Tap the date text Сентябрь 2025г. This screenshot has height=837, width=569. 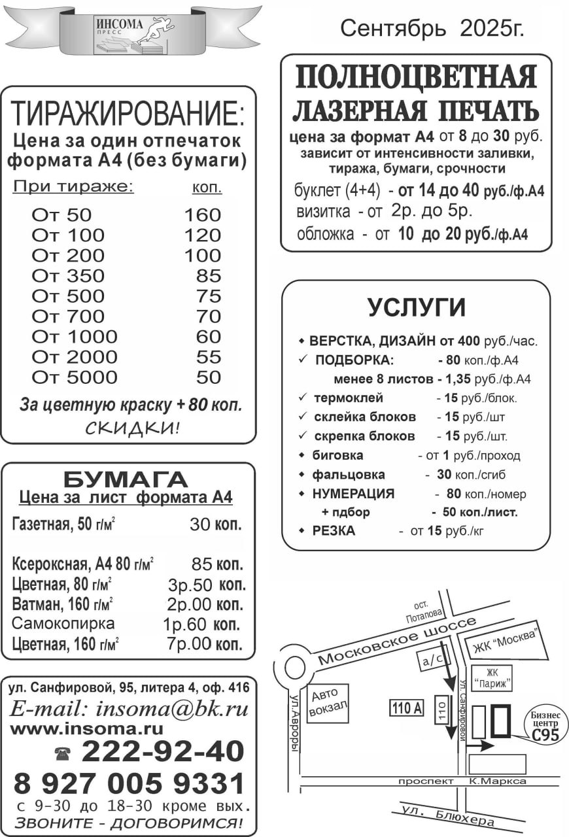(x=432, y=28)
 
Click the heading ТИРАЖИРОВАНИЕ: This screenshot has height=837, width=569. (x=128, y=114)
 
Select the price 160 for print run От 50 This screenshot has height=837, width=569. (x=202, y=215)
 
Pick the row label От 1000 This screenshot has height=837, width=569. (x=75, y=337)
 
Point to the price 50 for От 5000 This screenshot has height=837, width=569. (x=209, y=377)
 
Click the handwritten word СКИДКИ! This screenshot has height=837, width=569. (x=131, y=428)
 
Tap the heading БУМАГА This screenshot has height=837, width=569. (x=126, y=479)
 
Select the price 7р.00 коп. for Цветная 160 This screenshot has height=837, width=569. (x=205, y=643)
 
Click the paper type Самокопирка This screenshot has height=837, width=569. (x=63, y=623)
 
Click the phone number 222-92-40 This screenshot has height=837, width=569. (x=163, y=752)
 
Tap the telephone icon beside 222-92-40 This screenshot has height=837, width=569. (x=63, y=754)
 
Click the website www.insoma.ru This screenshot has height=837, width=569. (x=87, y=728)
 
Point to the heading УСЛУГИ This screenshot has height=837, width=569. (x=417, y=307)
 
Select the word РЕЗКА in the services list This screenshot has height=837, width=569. (x=334, y=531)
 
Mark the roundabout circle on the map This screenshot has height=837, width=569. (x=294, y=668)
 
